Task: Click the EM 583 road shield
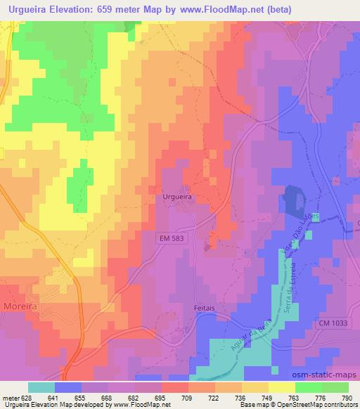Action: pos(172,239)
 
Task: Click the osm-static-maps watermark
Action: pos(330,376)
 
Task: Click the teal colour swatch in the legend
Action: pos(41,387)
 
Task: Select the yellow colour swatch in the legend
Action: pos(282,387)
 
